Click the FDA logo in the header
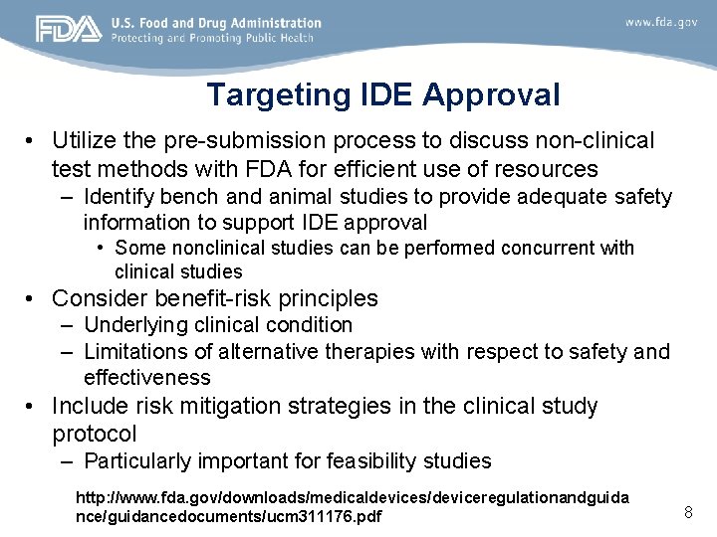click(x=69, y=30)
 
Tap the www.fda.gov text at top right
click(x=661, y=22)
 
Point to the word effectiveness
click(x=147, y=377)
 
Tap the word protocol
click(x=94, y=434)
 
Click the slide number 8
click(x=687, y=512)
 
